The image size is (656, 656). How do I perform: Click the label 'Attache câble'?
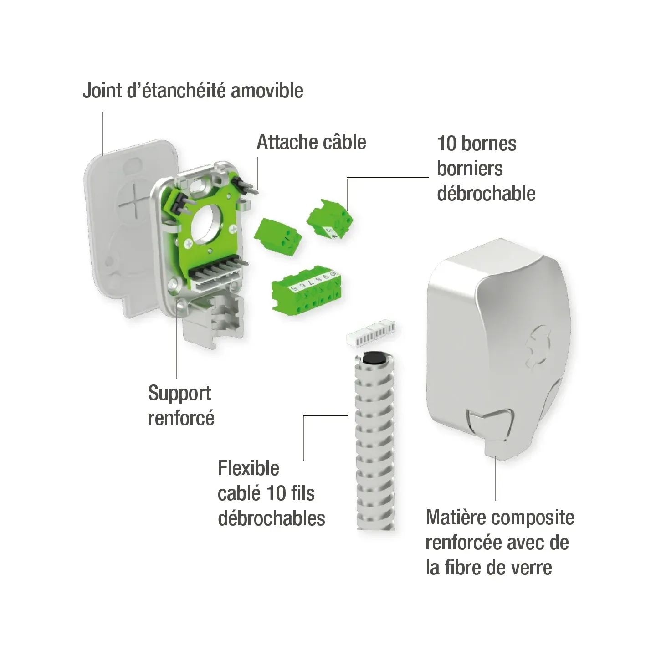(x=311, y=142)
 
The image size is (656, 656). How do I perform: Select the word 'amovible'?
(x=267, y=91)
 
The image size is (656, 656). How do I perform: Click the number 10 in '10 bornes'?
(x=446, y=143)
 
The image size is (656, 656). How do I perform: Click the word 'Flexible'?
(x=249, y=468)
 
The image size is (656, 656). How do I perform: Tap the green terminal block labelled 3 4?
(x=330, y=219)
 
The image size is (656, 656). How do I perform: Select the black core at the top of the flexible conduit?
(x=374, y=359)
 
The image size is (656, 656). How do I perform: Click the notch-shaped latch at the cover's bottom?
(x=490, y=425)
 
